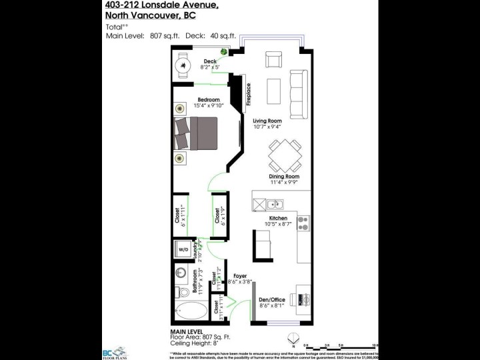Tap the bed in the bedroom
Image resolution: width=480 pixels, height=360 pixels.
(x=197, y=133)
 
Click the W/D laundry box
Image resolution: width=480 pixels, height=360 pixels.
(x=183, y=249)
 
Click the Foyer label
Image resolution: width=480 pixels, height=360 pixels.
(x=240, y=275)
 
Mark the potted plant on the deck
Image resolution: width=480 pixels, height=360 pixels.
(x=225, y=52)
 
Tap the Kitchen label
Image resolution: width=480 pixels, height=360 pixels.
(x=278, y=218)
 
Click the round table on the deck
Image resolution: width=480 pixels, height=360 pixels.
(x=184, y=67)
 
